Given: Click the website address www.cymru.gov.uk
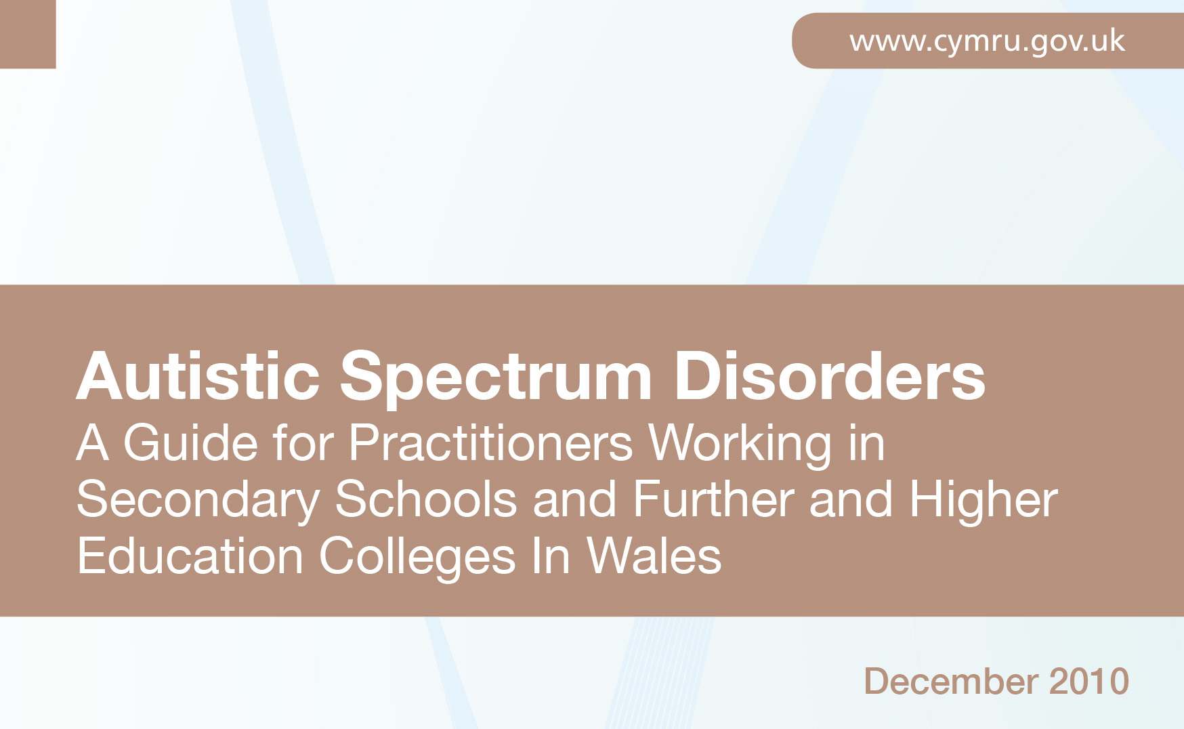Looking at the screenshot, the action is [x=987, y=41].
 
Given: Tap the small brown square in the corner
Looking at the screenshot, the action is [x=28, y=34].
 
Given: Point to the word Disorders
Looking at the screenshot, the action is [x=830, y=376].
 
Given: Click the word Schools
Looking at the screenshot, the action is [x=426, y=500].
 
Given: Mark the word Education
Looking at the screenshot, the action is [x=190, y=557].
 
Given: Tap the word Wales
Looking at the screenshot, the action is [x=654, y=557].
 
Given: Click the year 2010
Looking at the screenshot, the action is [x=1088, y=681].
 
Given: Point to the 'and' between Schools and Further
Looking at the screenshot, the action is [x=574, y=500].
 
